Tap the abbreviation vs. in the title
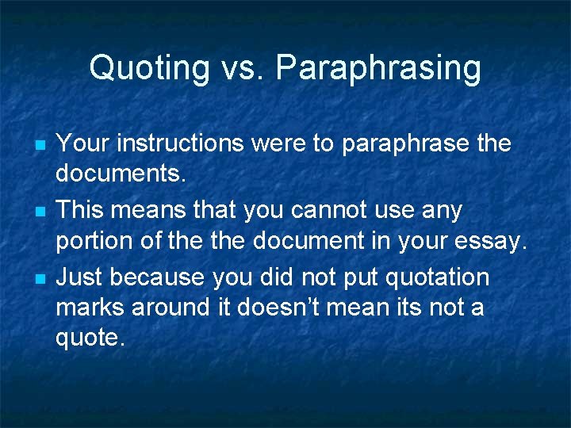click(x=237, y=68)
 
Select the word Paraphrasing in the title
click(x=378, y=68)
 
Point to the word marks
click(x=90, y=308)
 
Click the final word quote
click(x=90, y=338)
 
